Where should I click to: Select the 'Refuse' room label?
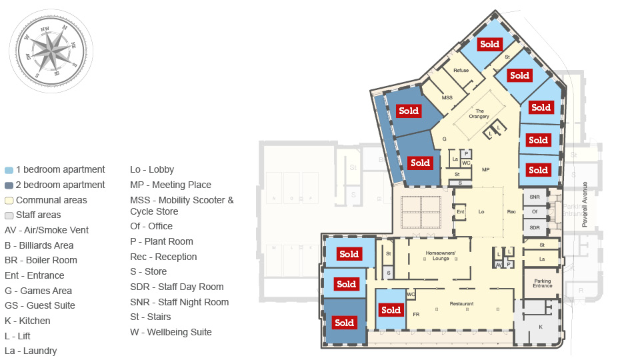pos(461,70)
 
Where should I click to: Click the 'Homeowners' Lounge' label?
pos(441,256)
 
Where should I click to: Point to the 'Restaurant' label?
pos(461,304)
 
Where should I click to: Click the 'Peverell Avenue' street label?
pos(585,204)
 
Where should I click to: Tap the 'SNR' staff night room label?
pos(535,197)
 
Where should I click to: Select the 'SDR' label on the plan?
pos(535,227)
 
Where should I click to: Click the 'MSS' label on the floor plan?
pos(447,97)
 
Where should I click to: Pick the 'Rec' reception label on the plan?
pos(511,212)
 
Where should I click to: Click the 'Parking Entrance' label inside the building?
pos(542,283)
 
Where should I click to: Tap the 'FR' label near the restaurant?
pos(416,314)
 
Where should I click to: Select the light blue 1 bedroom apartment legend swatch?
pos(9,170)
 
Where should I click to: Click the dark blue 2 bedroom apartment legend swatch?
pos(9,185)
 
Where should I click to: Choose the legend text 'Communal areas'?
pos(51,200)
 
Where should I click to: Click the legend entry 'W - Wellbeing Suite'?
pos(171,332)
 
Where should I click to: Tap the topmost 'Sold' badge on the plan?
pos(489,45)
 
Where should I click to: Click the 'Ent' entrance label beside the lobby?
pos(460,212)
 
